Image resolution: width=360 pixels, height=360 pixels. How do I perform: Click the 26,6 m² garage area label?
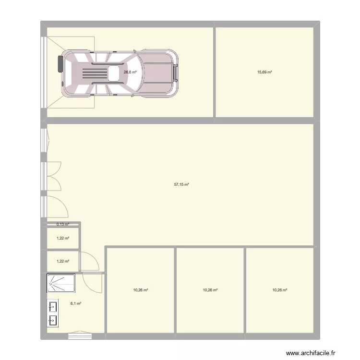coord(130,72)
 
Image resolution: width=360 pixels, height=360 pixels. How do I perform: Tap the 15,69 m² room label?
coord(264,72)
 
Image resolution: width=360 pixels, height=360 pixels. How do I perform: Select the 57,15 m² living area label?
coord(181,184)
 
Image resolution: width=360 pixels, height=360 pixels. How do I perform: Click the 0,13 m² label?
coord(63,224)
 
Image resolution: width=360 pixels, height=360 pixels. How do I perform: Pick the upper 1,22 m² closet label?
coord(63,238)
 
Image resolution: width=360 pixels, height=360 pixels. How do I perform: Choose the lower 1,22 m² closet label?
coord(63,261)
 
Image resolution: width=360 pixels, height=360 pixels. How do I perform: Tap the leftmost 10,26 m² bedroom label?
coord(140,290)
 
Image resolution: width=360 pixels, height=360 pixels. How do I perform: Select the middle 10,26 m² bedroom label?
coord(210,290)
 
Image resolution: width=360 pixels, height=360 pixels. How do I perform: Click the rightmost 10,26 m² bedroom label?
coord(280,290)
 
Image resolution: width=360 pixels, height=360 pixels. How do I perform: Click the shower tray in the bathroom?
coord(61,283)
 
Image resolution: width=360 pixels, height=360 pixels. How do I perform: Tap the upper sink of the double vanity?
coord(53,306)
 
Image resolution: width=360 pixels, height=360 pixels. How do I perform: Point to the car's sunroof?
coord(114,73)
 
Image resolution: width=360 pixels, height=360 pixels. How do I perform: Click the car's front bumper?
coord(177,72)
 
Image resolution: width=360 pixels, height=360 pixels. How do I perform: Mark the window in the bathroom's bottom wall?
coord(80,336)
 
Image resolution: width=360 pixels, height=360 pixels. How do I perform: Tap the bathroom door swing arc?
coord(93,282)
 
